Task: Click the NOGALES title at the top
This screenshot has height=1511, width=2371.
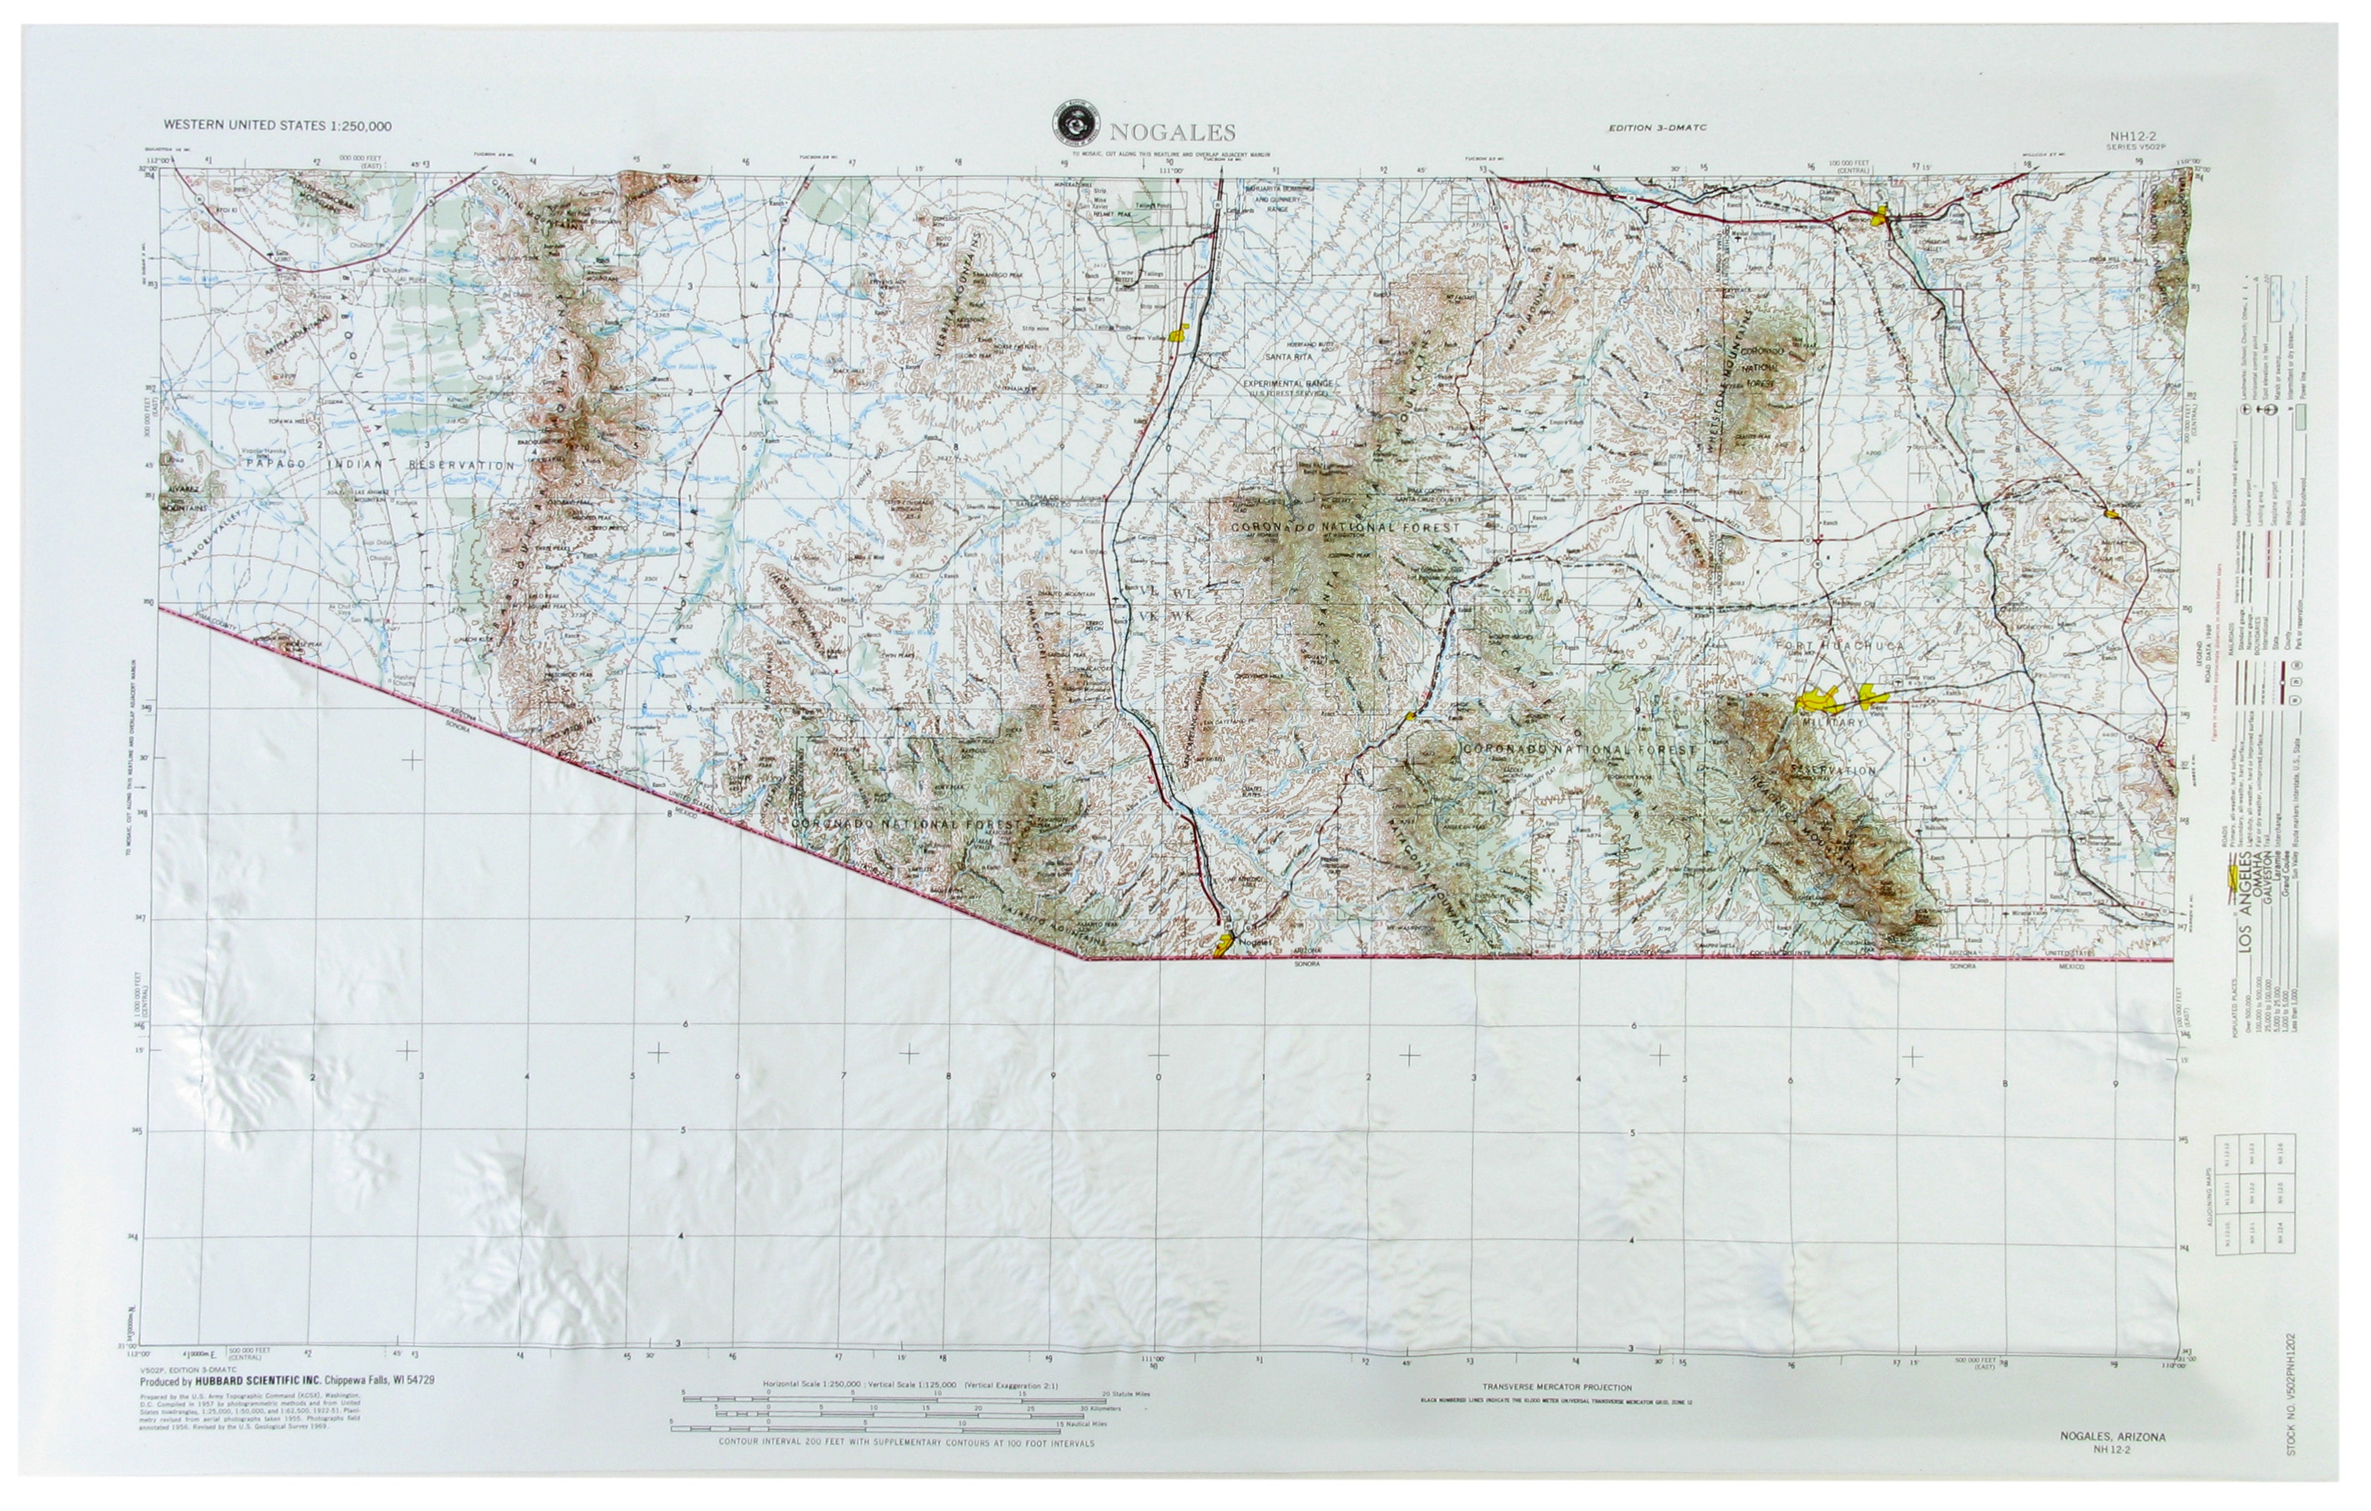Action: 1172,133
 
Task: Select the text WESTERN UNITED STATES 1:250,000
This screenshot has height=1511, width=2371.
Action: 278,125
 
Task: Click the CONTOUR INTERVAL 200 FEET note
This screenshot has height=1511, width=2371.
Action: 906,1443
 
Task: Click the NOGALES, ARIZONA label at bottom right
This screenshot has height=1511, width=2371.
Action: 2110,1436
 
